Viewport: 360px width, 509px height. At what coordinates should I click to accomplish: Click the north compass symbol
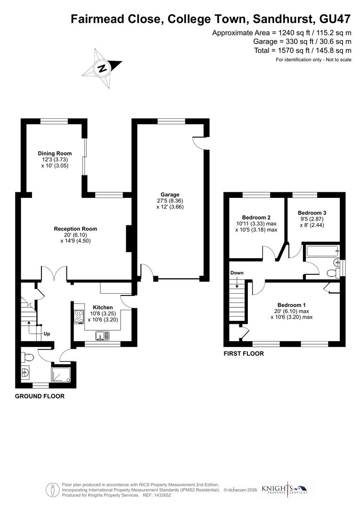[102, 68]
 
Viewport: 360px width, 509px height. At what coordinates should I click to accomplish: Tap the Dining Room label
[55, 153]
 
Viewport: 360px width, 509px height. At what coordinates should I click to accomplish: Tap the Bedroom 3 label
[312, 213]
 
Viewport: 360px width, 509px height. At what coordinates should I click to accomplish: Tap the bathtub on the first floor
[322, 251]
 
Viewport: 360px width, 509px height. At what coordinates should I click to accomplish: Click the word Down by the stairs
[237, 273]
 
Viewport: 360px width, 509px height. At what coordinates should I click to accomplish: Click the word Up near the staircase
[46, 334]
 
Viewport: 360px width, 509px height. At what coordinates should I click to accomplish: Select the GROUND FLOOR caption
[40, 396]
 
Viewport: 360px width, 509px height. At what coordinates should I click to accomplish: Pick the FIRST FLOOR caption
[244, 353]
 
